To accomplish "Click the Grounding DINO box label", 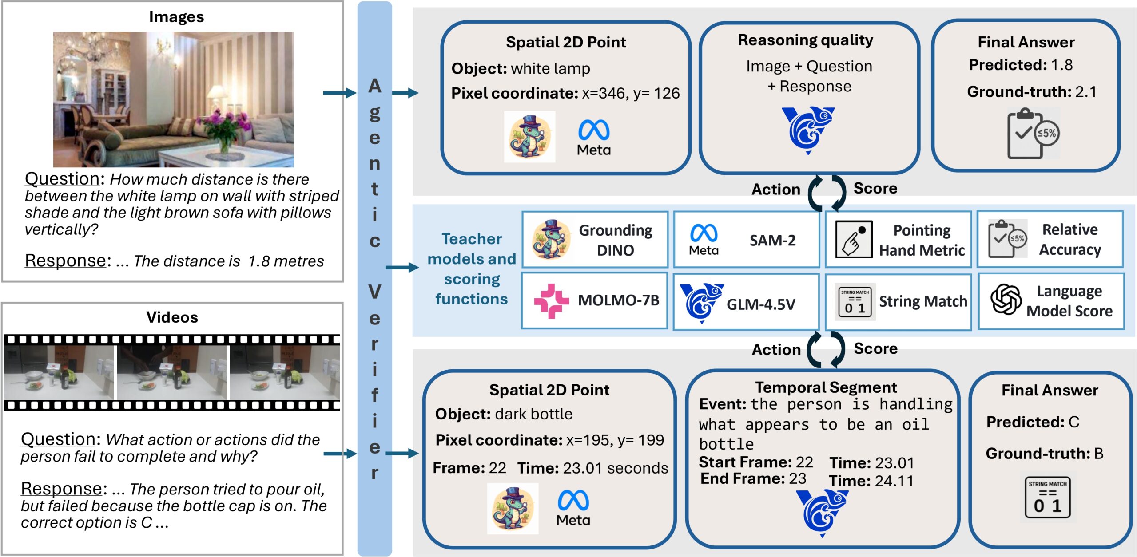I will [x=615, y=240].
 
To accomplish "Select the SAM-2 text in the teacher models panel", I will [x=772, y=240].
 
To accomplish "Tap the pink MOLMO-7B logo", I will [x=551, y=301].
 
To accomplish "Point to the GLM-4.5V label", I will [x=761, y=304].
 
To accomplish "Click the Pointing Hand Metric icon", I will [x=853, y=239].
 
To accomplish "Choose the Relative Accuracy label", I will [x=1069, y=240].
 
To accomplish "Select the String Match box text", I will [x=923, y=302].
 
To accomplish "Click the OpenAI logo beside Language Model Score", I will [x=1006, y=300].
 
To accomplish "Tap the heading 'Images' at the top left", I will [x=176, y=17].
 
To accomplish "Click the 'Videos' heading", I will [x=172, y=317].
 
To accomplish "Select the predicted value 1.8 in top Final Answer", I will [x=1061, y=65].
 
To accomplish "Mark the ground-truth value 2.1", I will [x=1085, y=92].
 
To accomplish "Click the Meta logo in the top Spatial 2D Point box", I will [x=594, y=137].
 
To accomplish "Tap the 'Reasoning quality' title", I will [x=805, y=40].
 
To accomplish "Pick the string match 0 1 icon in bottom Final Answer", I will [x=1047, y=498].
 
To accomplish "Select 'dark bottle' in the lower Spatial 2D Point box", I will [x=533, y=414].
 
